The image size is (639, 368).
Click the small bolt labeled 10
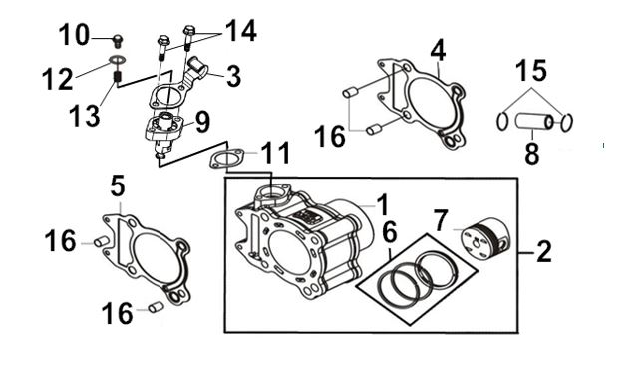click(x=118, y=40)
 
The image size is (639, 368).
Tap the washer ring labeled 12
click(x=117, y=61)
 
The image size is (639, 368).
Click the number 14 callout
click(x=241, y=31)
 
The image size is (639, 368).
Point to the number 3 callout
click(x=233, y=76)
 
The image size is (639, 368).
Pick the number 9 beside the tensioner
click(x=203, y=122)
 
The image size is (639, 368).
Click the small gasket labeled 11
click(x=226, y=159)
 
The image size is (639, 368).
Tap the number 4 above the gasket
click(x=438, y=51)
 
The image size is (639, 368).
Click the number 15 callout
click(x=531, y=70)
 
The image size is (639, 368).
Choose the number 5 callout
click(x=118, y=186)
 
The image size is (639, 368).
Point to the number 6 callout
click(x=390, y=233)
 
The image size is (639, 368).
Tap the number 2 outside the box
click(x=543, y=251)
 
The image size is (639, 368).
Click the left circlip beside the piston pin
click(x=502, y=123)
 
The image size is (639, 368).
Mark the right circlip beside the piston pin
click(x=566, y=123)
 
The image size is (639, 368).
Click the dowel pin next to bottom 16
click(x=156, y=308)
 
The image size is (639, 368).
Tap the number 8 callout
click(x=532, y=153)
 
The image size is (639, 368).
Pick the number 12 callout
click(x=58, y=79)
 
